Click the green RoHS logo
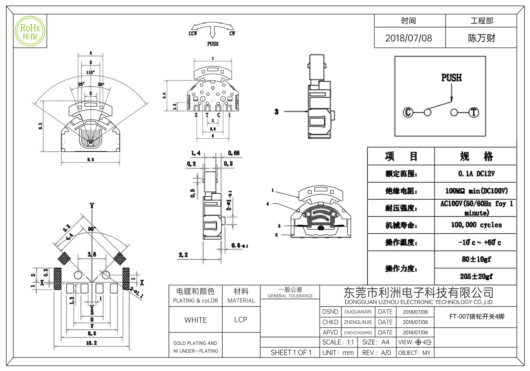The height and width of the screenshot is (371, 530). click(x=30, y=31)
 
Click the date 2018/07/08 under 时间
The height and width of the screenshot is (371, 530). click(x=408, y=38)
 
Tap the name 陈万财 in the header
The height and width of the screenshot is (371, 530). click(x=481, y=38)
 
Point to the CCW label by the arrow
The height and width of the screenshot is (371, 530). click(x=193, y=34)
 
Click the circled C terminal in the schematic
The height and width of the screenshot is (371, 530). click(x=408, y=112)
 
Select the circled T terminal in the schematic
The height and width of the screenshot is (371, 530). click(x=474, y=112)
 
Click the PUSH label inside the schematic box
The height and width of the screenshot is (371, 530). click(x=451, y=78)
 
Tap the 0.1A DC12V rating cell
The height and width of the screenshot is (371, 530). click(x=476, y=174)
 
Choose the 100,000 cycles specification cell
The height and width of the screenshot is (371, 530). click(x=476, y=225)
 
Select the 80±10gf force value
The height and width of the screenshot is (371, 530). click(x=476, y=259)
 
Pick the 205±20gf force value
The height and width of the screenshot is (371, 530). click(x=476, y=276)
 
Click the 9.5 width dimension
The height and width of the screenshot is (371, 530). click(x=91, y=160)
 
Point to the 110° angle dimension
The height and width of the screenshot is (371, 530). click(x=90, y=72)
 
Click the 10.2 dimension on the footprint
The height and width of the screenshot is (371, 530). click(x=91, y=343)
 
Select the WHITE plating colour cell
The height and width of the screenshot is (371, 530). click(x=196, y=320)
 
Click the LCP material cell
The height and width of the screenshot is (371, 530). click(x=241, y=320)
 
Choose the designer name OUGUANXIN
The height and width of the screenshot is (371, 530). click(x=358, y=312)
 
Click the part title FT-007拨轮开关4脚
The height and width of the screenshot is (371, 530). click(x=477, y=317)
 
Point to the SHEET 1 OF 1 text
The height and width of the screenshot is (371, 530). click(x=291, y=353)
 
